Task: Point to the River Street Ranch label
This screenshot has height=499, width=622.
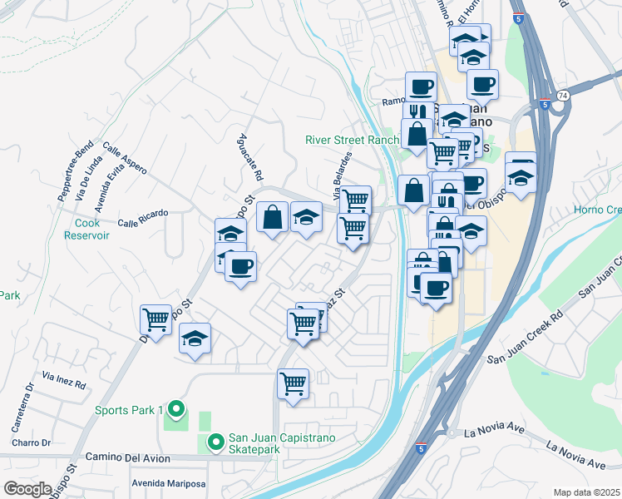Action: point(352,141)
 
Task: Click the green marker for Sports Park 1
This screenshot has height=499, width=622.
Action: point(175,409)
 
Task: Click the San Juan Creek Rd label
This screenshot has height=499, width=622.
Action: point(526,338)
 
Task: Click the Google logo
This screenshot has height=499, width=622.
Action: point(27,489)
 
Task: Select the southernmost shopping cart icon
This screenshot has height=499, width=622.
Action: point(293,384)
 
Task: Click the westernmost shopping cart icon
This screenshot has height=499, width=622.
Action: point(155,318)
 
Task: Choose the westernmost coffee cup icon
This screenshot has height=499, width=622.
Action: point(240,267)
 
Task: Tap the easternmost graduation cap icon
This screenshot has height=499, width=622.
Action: point(521,176)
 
